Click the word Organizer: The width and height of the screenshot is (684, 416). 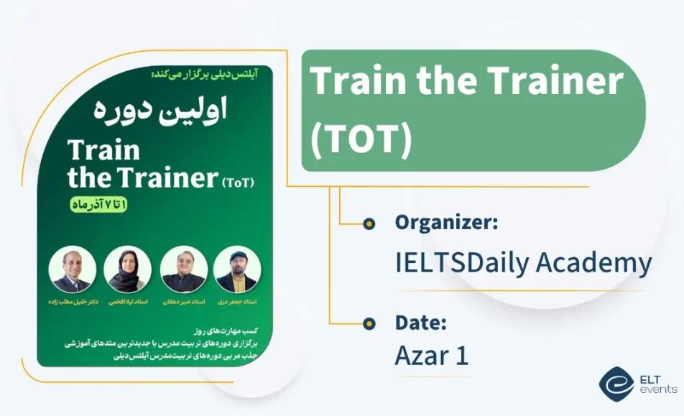(x=446, y=223)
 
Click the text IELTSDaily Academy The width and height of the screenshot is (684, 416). (x=523, y=264)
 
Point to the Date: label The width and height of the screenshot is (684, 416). (x=421, y=323)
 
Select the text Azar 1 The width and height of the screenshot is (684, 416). (x=432, y=356)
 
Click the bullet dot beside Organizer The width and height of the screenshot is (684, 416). (x=369, y=223)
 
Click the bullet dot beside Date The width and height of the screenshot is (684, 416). (x=369, y=323)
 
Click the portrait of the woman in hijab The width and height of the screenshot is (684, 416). (x=127, y=269)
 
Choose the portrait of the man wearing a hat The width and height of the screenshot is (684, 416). (x=236, y=269)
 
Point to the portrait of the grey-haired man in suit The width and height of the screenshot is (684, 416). (x=72, y=269)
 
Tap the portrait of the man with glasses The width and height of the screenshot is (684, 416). (x=184, y=269)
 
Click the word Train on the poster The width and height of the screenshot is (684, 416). (x=103, y=150)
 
